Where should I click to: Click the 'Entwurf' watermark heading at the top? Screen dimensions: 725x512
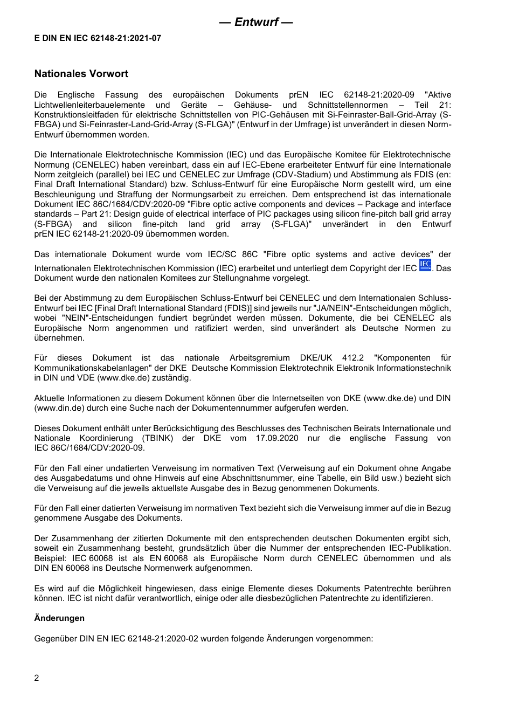(x=256, y=22)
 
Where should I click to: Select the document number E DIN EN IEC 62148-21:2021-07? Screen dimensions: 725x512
(x=98, y=38)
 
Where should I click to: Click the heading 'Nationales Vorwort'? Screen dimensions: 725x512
(x=81, y=74)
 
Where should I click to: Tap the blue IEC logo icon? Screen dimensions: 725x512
(x=425, y=265)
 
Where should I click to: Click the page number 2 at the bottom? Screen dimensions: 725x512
(x=37, y=678)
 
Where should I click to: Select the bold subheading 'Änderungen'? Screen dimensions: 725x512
(x=59, y=618)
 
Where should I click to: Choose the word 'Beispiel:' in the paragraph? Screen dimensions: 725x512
(x=51, y=558)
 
